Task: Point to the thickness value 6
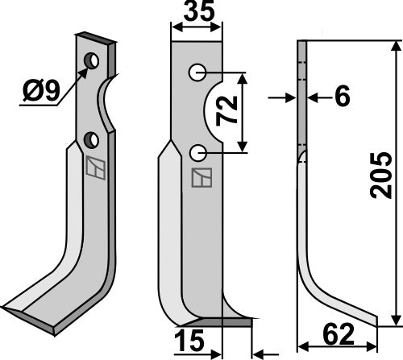click(x=343, y=97)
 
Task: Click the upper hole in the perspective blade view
click(x=93, y=61)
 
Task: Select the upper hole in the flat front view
click(x=197, y=73)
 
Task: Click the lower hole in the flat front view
click(x=197, y=152)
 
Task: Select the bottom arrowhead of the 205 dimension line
click(x=395, y=319)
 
